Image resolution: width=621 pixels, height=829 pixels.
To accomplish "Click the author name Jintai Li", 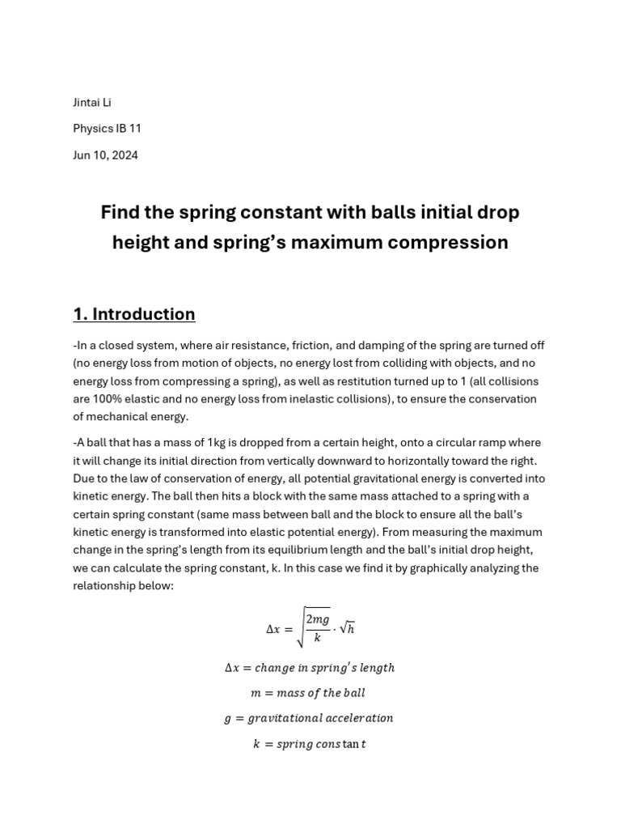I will pyautogui.click(x=91, y=103).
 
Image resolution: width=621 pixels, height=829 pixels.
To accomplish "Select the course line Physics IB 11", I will pyautogui.click(x=107, y=129).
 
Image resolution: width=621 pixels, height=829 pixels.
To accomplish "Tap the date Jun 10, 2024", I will pyautogui.click(x=105, y=155).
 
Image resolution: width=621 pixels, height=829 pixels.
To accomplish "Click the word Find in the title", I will pyautogui.click(x=120, y=212).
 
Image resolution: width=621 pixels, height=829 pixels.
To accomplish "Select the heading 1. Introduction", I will pyautogui.click(x=134, y=314).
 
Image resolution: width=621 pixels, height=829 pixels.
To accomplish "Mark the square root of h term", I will pyautogui.click(x=345, y=629).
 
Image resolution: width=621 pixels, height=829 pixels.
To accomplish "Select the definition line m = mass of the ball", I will pyautogui.click(x=309, y=693).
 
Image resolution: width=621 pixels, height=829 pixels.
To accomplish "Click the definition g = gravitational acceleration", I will pyautogui.click(x=309, y=718).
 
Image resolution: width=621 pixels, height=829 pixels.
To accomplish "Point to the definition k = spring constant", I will pyautogui.click(x=309, y=744).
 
